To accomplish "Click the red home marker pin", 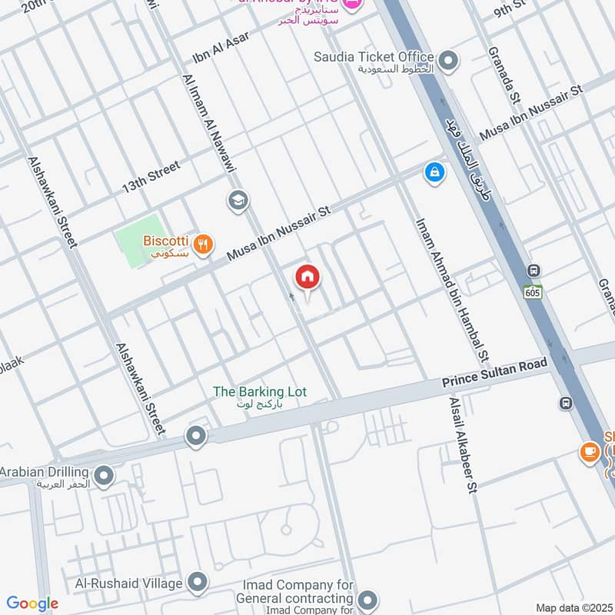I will pos(307,278).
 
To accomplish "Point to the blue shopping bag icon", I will pos(434,174).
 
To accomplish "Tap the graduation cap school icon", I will pos(238,201).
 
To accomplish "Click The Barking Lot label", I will pos(259,392).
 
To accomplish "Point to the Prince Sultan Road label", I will pos(494,372).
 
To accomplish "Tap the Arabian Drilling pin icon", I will pos(104,476).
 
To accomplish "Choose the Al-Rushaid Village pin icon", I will pos(198,580).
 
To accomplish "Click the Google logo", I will pos(32,603).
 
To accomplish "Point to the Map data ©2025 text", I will pos(573,607).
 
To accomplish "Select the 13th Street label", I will pos(151,177).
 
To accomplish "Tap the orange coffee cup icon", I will pos(590,452).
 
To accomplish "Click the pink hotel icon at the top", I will pos(352,5).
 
